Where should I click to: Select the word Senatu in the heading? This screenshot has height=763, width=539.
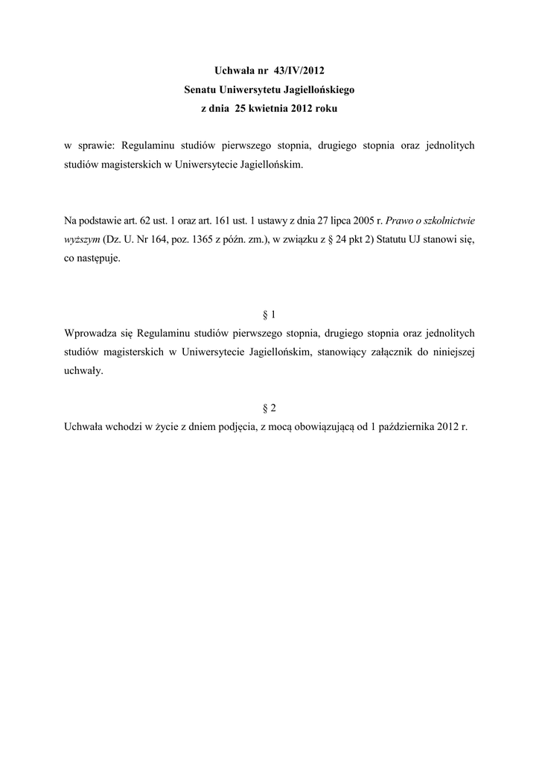pos(202,90)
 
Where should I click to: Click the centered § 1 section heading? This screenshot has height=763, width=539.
pos(269,315)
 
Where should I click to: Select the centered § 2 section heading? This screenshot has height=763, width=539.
pos(269,408)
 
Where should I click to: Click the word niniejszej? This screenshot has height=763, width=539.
pos(449,352)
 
